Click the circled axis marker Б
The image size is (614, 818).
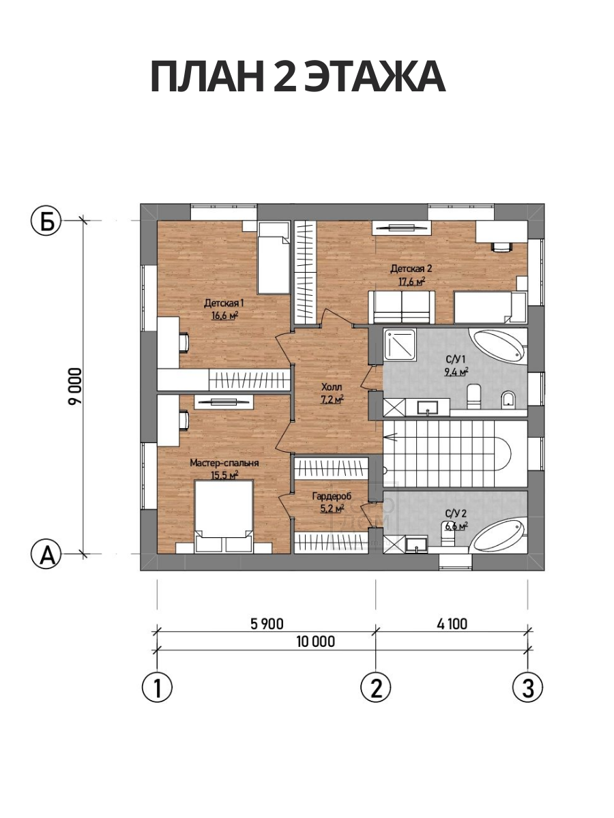pos(46,221)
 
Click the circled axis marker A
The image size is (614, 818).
pos(46,554)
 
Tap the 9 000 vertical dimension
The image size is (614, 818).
pos(74,387)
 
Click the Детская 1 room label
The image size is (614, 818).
pos(224,303)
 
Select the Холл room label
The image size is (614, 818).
pos(332,387)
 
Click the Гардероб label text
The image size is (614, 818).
pos(332,496)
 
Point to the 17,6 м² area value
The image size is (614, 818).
pos(411,282)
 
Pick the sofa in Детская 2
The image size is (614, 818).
pos(402,307)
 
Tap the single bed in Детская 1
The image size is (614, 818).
pos(274,258)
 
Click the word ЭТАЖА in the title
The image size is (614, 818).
pos(375,78)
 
